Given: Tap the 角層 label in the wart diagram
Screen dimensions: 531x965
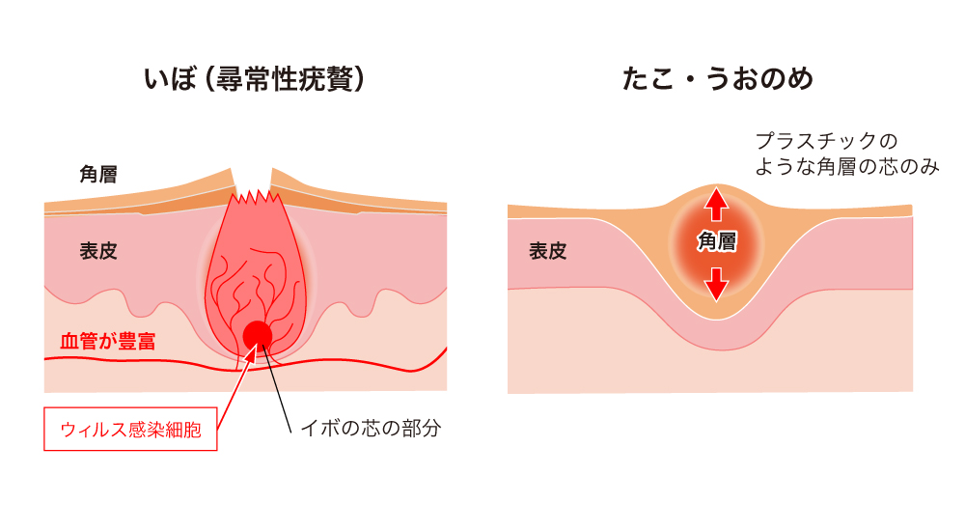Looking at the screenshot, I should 98,175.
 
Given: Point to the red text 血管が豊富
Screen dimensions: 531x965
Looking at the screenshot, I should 108,341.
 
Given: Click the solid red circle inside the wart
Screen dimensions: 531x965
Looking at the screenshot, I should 258,335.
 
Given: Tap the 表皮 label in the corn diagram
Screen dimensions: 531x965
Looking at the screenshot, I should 547,252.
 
